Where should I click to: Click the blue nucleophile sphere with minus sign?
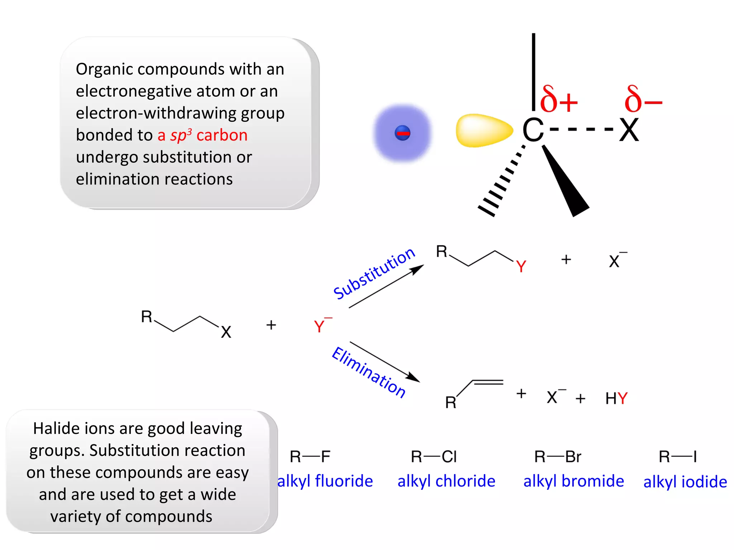pyautogui.click(x=402, y=133)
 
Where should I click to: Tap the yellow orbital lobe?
pyautogui.click(x=484, y=130)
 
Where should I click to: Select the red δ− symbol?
pyautogui.click(x=643, y=99)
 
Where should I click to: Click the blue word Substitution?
pyautogui.click(x=374, y=273)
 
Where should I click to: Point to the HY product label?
pyautogui.click(x=616, y=398)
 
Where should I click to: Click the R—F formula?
pyautogui.click(x=310, y=457)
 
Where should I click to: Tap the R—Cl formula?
pyautogui.click(x=434, y=457)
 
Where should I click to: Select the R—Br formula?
pyautogui.click(x=558, y=457)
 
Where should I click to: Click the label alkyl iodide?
pyautogui.click(x=685, y=482)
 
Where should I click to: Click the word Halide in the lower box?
pyautogui.click(x=55, y=428)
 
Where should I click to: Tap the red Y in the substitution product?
pyautogui.click(x=521, y=266)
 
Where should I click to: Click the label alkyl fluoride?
pyautogui.click(x=325, y=481)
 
